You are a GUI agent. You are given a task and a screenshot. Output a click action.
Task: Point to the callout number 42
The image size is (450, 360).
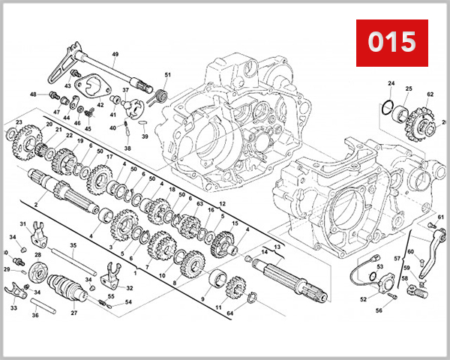click(100, 106)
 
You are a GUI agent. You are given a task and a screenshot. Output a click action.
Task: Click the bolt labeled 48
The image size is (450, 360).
click(54, 95)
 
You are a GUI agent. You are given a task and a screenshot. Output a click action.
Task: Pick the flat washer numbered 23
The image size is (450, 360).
click(13, 136)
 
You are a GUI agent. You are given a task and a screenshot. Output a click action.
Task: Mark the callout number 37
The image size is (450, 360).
click(126, 90)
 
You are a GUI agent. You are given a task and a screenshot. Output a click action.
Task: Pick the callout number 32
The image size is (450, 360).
click(130, 288)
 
